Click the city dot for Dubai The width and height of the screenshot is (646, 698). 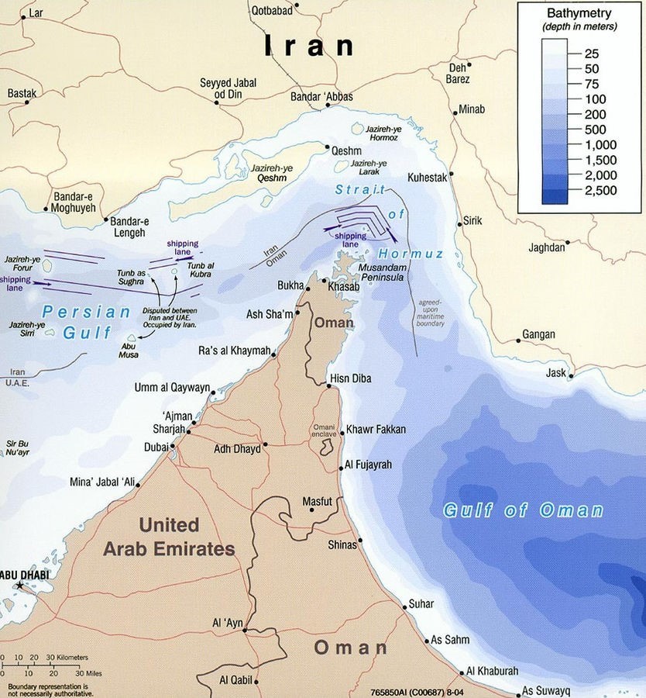[x=174, y=447]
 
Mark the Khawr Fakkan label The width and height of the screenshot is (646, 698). [x=376, y=429]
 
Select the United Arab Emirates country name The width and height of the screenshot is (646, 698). [x=169, y=537]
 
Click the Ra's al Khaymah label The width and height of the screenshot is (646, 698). [x=235, y=350]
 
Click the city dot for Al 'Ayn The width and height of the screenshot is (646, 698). [x=245, y=631]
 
